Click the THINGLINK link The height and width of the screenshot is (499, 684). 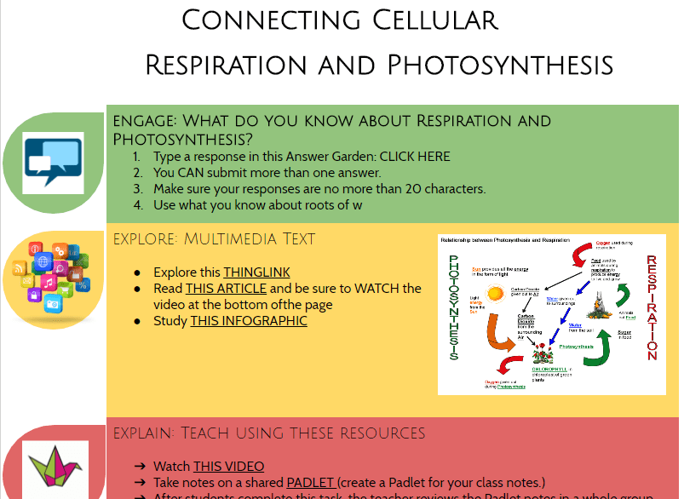point(256,272)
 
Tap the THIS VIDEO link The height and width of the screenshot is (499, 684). point(228,467)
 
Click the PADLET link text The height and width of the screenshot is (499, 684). point(312,483)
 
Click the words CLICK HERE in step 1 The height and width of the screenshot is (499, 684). point(414,157)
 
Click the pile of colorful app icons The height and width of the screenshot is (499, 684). point(53,279)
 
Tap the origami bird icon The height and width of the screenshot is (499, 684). point(54,467)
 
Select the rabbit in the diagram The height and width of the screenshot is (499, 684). point(596,300)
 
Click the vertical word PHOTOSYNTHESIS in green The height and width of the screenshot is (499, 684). point(453,307)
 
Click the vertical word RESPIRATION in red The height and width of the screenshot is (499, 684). point(652,307)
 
